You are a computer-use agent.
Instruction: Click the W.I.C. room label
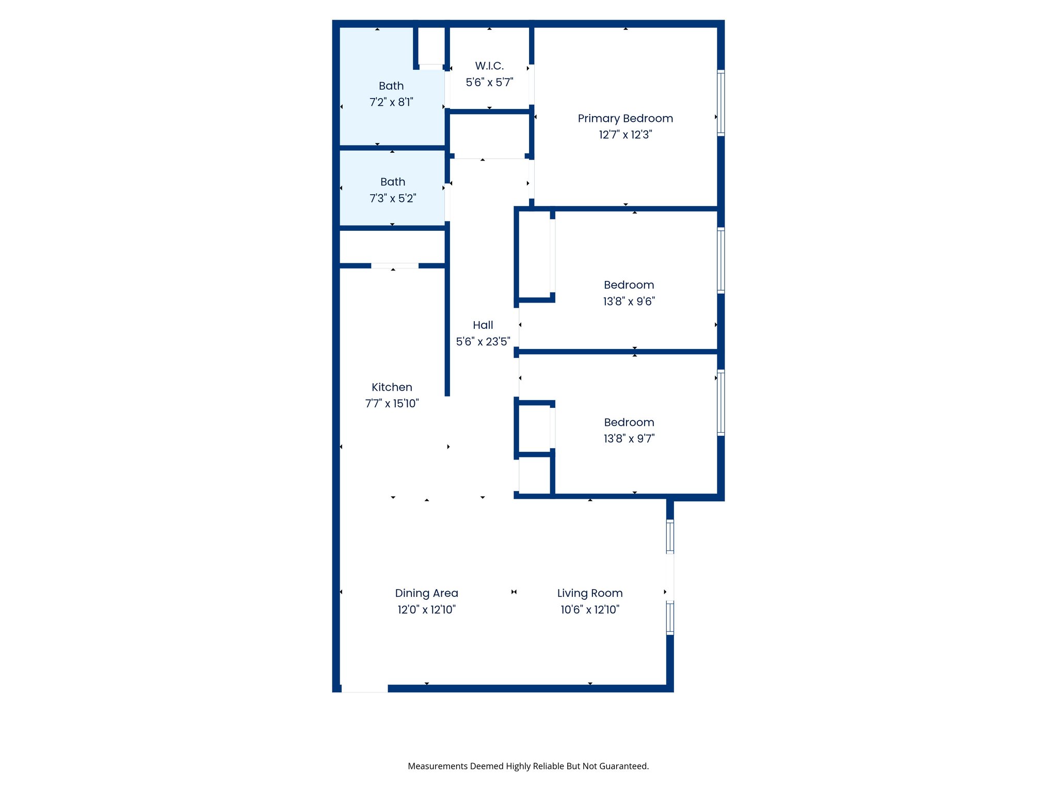[489, 66]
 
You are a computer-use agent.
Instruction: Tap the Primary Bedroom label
[625, 119]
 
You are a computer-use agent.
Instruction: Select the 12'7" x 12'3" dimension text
[625, 135]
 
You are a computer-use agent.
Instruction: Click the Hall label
[483, 325]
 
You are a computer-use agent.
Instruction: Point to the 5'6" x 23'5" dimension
[483, 341]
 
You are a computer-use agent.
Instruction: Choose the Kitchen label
[392, 387]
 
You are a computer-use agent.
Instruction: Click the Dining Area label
[426, 593]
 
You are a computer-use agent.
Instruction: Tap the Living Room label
[589, 593]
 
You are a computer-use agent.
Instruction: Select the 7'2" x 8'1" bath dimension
[391, 102]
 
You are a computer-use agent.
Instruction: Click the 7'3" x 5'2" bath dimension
[392, 198]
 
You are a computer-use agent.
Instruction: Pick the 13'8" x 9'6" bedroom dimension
[629, 301]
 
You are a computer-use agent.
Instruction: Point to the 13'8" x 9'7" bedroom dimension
[629, 438]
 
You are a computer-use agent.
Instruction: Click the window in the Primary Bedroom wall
[720, 103]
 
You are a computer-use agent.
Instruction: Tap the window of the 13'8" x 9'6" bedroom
[720, 260]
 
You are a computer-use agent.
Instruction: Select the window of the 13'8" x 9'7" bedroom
[720, 403]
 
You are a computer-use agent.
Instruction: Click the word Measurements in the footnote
[437, 766]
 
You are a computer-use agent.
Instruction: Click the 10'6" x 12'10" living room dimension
[589, 610]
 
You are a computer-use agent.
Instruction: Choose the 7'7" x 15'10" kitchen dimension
[392, 403]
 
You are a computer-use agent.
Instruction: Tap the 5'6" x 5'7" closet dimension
[489, 82]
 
